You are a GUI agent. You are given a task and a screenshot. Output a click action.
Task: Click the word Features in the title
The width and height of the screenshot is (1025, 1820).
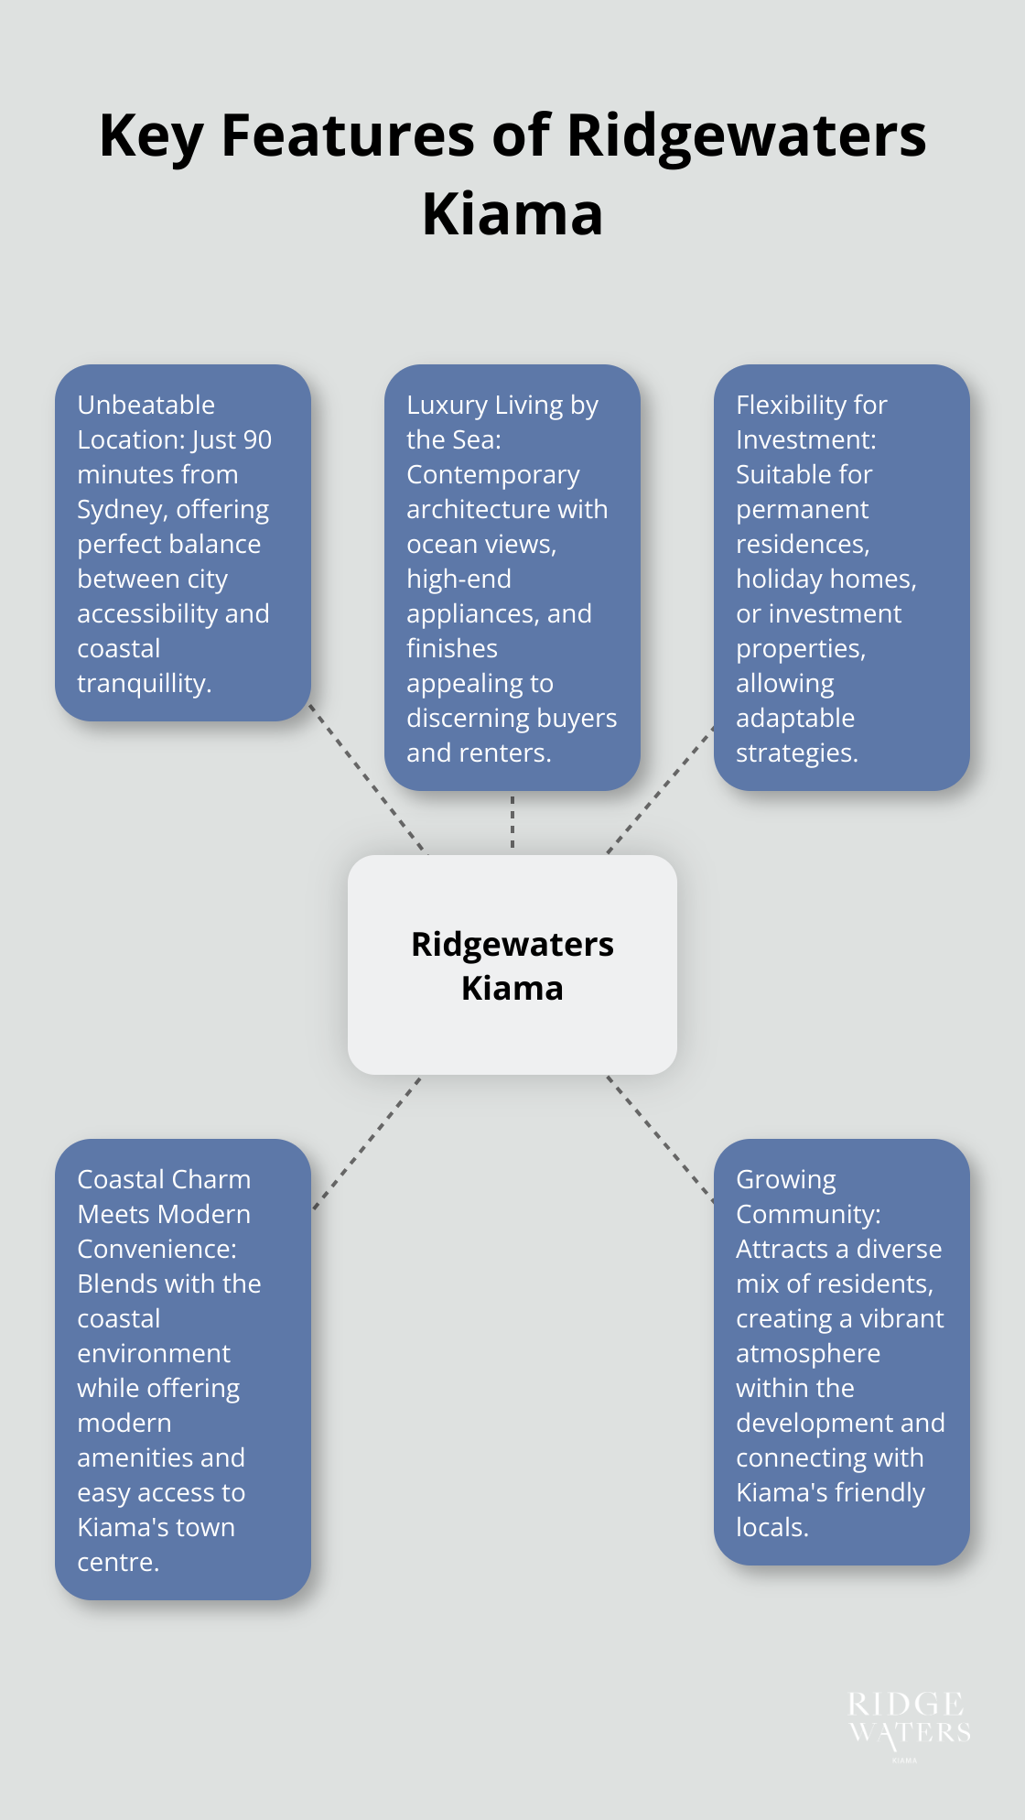[349, 135]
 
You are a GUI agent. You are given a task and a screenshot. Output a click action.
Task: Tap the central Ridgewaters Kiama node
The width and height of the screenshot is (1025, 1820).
[512, 965]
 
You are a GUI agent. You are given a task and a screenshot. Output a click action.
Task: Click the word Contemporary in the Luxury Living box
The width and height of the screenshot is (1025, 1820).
[492, 475]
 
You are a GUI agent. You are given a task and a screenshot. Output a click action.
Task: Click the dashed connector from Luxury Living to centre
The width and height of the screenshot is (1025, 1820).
[512, 822]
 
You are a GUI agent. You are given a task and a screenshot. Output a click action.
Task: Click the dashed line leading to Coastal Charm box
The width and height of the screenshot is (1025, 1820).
[366, 1144]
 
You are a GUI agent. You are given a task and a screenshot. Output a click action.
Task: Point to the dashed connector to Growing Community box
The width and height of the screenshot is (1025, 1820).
[660, 1138]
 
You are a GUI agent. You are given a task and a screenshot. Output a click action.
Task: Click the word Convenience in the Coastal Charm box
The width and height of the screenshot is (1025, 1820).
[154, 1250]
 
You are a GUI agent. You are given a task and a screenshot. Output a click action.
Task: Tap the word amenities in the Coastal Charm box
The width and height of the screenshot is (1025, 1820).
[135, 1458]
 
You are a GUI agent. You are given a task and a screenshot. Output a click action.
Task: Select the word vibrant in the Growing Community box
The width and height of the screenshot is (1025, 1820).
[901, 1319]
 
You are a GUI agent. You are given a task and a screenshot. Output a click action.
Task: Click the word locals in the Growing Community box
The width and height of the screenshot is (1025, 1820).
[770, 1528]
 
